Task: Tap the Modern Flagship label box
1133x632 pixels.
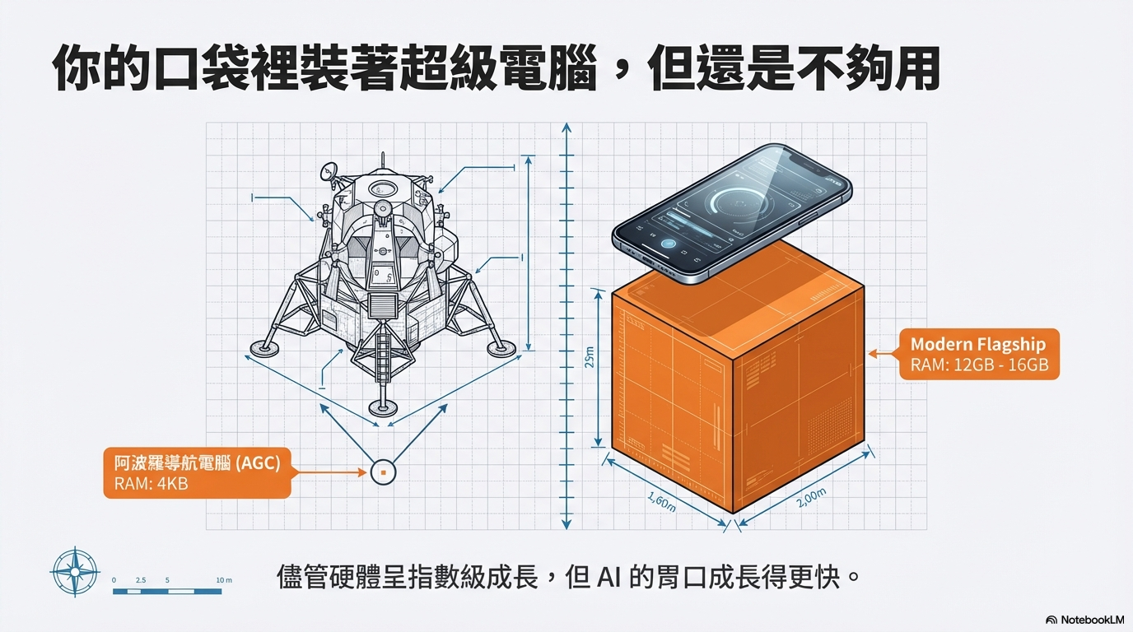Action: tap(979, 355)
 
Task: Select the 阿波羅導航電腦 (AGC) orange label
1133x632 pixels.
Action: tap(197, 472)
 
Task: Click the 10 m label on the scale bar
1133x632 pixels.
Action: tap(223, 580)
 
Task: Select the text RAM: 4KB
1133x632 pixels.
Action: tap(151, 483)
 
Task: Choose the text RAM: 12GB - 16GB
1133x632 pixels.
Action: tap(979, 365)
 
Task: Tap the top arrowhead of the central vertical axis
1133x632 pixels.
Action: tap(566, 128)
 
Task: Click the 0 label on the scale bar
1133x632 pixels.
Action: tap(114, 580)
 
